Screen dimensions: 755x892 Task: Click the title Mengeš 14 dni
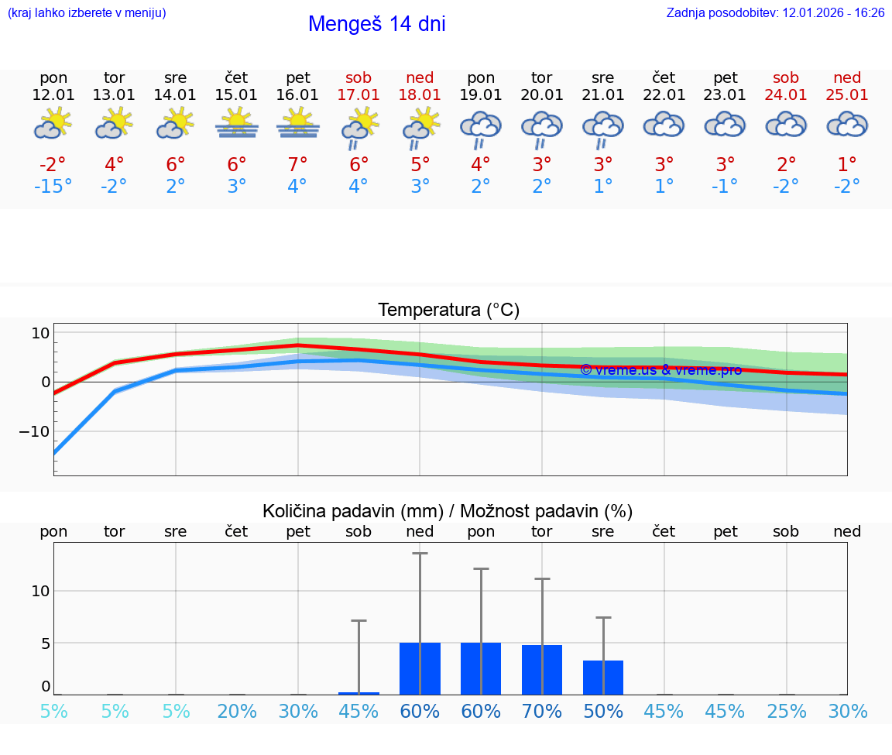[376, 24]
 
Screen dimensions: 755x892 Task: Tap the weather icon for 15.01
[236, 123]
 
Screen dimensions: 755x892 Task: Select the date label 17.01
[359, 94]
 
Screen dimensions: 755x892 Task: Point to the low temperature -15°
[53, 186]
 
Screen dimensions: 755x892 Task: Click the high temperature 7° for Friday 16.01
[297, 165]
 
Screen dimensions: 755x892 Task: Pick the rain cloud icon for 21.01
[602, 129]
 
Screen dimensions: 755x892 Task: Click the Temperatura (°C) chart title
[448, 311]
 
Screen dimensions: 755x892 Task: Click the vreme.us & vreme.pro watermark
[660, 370]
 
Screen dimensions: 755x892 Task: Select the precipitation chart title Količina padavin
[448, 511]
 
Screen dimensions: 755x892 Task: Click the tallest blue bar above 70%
[542, 669]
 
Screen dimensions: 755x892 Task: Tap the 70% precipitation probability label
[542, 711]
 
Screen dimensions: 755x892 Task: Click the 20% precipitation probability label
[237, 711]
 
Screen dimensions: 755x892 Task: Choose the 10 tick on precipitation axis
[40, 591]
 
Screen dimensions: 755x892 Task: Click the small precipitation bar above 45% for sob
[359, 693]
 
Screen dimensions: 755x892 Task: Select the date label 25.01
[847, 94]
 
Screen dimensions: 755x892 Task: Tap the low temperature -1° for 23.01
[725, 186]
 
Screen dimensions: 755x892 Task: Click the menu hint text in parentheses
[87, 12]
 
